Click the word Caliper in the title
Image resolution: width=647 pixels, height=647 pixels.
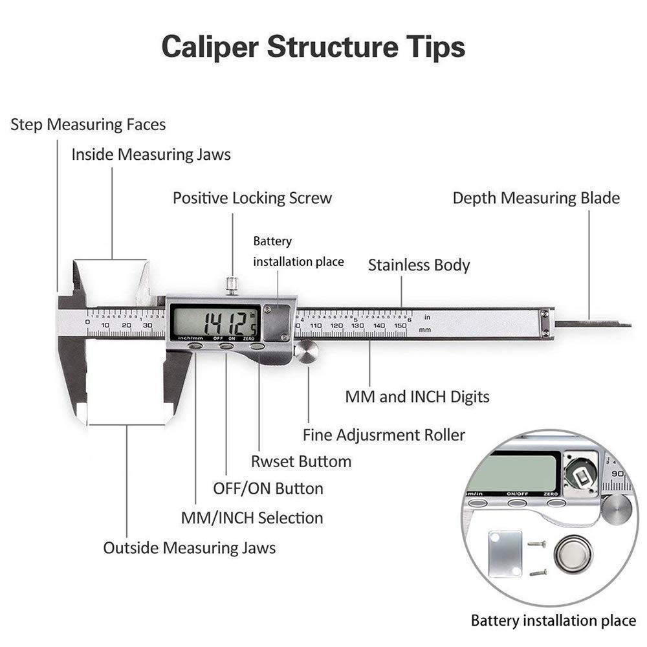(x=210, y=48)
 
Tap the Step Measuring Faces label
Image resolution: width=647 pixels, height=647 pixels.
(x=88, y=124)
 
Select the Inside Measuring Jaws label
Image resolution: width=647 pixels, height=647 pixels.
(x=151, y=155)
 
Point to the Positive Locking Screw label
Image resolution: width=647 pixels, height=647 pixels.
(x=252, y=198)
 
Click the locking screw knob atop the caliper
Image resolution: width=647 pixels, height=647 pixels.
(x=232, y=285)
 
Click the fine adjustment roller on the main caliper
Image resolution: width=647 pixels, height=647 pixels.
(x=307, y=352)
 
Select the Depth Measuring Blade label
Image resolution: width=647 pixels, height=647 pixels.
(x=536, y=198)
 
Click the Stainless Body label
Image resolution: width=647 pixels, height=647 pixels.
(x=419, y=265)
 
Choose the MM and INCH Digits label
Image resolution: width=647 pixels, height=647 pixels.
(x=417, y=397)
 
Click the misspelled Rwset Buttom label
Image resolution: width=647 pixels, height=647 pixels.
(x=301, y=461)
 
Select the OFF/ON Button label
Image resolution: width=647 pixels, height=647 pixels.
(x=268, y=488)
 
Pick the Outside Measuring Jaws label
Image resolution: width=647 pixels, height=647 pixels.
(x=189, y=548)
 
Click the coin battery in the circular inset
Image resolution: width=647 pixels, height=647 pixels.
(x=573, y=554)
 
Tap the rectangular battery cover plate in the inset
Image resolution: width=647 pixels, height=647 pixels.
(x=505, y=554)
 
